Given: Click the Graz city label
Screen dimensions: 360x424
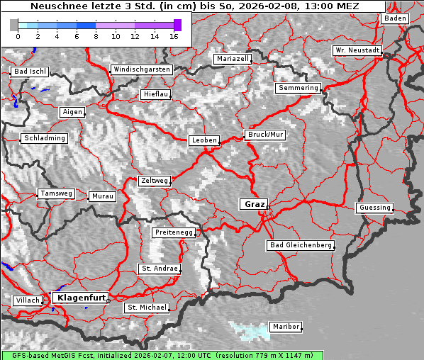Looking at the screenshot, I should [253, 204].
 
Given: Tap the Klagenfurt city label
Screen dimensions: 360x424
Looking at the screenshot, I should [81, 298].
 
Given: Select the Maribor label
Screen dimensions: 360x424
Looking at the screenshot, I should [286, 327].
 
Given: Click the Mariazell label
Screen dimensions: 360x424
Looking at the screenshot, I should [233, 59].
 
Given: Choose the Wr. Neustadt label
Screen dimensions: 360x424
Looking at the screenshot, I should [357, 51].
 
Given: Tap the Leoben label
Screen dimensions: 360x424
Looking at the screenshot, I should [203, 140].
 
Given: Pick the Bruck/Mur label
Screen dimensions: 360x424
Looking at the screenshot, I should [265, 134].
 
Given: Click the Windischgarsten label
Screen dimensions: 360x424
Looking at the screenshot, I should [141, 69].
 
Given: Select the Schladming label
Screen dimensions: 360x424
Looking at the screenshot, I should [45, 138].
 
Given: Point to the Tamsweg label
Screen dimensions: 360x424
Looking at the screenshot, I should [56, 193].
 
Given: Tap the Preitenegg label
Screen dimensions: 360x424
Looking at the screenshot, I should [173, 232].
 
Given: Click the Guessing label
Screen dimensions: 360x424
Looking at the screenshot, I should [374, 208].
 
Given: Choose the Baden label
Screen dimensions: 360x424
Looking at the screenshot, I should [396, 18].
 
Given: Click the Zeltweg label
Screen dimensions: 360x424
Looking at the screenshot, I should [154, 181].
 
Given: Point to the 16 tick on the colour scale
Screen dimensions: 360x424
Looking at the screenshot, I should [174, 35].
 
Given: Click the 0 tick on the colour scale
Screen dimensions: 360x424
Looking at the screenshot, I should [18, 35].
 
